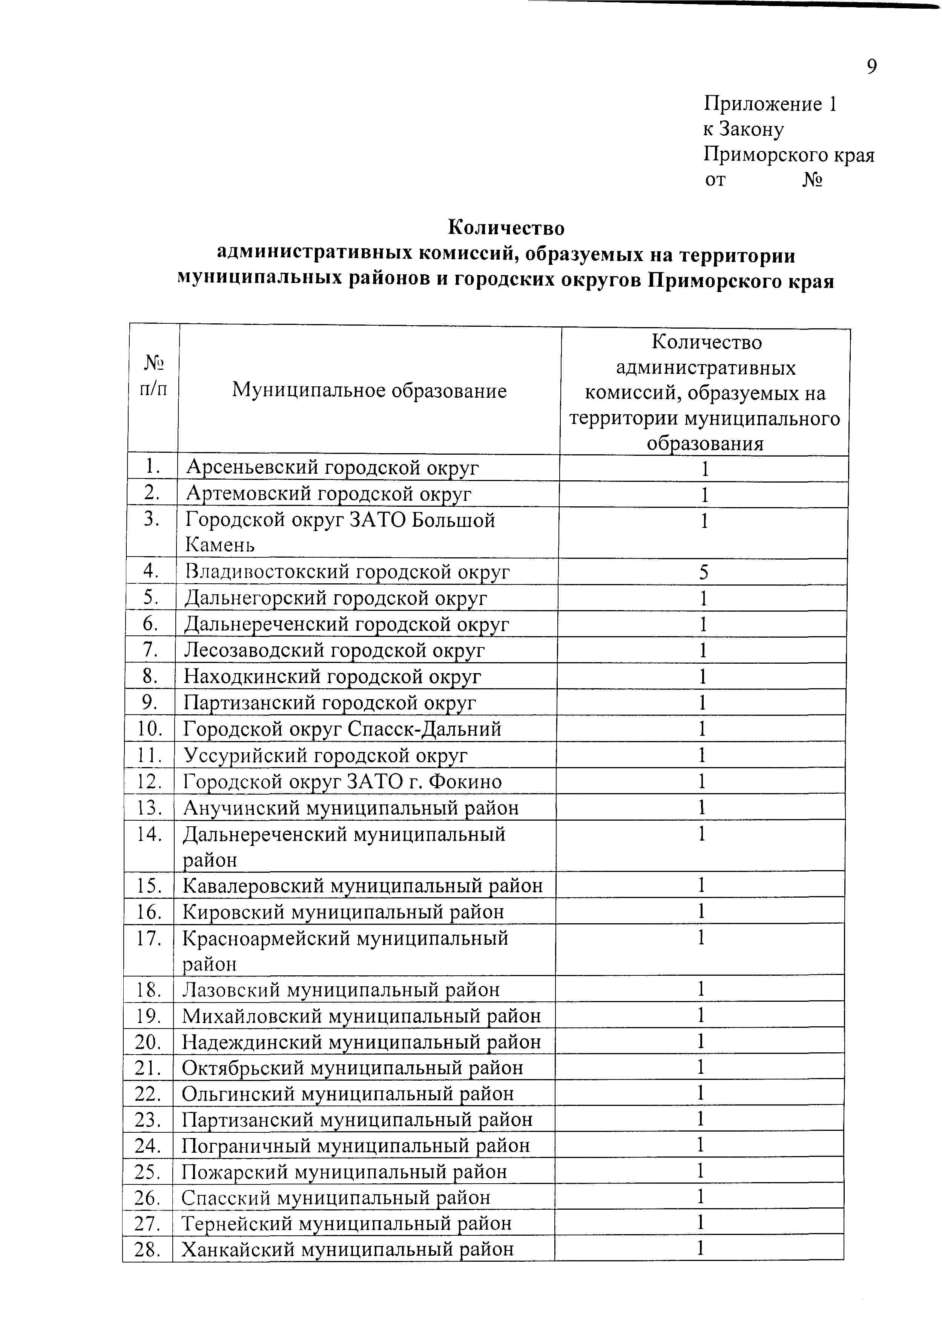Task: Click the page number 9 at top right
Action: [x=871, y=67]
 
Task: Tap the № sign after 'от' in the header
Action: [x=813, y=180]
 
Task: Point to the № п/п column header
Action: [x=153, y=376]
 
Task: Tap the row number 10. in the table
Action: [x=149, y=729]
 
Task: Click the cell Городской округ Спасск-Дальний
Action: [x=342, y=729]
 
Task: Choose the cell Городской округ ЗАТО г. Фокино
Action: [x=342, y=781]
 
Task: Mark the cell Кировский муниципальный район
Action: [x=343, y=912]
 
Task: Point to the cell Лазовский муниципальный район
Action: [x=341, y=990]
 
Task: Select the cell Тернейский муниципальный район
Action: [x=346, y=1223]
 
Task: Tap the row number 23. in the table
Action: [x=148, y=1119]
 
